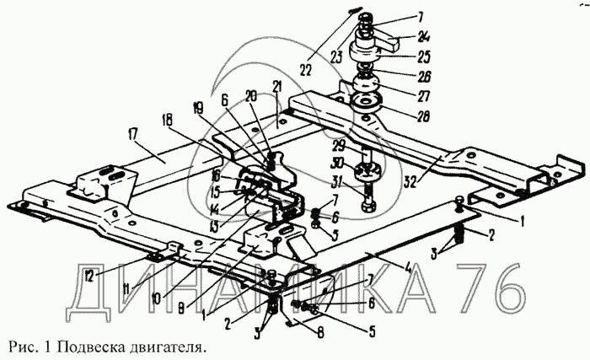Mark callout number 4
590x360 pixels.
[407, 271]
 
